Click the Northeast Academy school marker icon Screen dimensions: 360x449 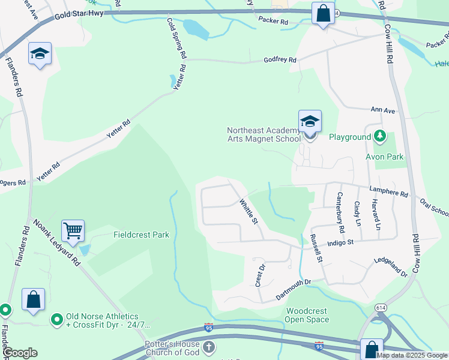(310, 122)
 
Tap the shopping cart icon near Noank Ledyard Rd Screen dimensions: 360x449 (73, 230)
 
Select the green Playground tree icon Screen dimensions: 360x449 (379, 137)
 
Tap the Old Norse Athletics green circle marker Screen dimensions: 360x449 (57, 319)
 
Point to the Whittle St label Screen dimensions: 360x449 (249, 212)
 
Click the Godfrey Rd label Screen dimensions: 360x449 (280, 60)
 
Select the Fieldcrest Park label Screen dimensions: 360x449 (141, 235)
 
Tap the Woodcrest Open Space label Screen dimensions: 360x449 (307, 315)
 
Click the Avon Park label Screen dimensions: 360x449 (384, 157)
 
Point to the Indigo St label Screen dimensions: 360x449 (341, 243)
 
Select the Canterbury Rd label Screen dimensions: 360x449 (340, 204)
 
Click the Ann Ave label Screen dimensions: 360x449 (383, 110)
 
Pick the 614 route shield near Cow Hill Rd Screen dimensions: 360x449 (382, 308)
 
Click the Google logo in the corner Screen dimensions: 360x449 (20, 353)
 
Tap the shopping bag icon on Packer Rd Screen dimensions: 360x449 (323, 13)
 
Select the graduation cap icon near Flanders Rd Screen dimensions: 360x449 (40, 54)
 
